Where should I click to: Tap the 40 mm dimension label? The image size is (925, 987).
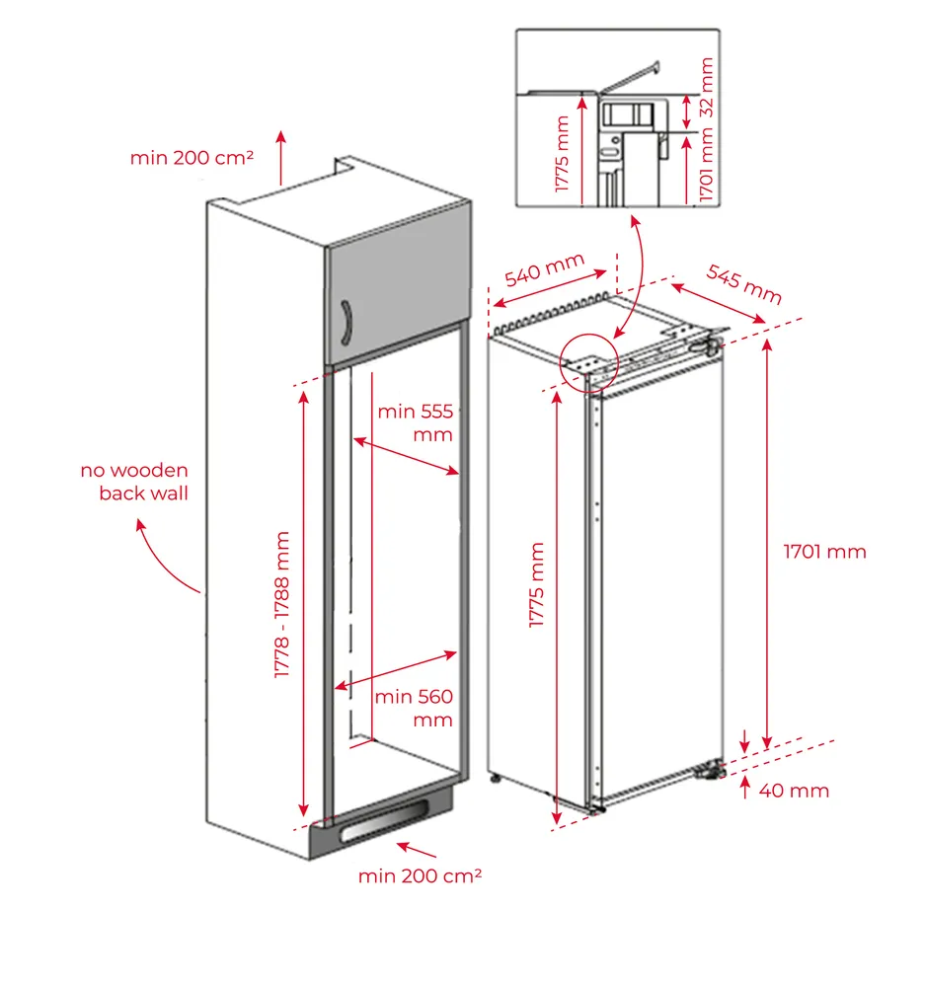point(794,791)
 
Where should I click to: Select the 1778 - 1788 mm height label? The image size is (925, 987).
point(283,605)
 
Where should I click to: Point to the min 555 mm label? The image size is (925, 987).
point(415,422)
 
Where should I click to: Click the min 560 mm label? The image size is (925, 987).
point(414,708)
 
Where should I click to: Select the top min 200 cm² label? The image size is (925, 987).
point(192,157)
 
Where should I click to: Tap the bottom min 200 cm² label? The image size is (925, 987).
point(420,875)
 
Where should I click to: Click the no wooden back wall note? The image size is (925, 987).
point(135,482)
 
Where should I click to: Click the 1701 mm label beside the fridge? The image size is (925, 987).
point(824,552)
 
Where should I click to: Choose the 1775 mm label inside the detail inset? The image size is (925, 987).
point(563,154)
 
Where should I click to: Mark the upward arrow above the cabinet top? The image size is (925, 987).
point(281,156)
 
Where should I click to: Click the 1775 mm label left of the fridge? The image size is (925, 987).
point(537,585)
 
